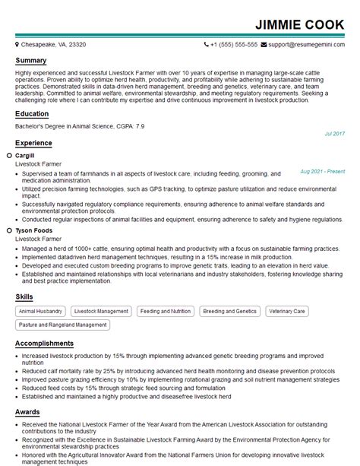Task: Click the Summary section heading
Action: [x=31, y=60]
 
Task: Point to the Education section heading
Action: [x=33, y=114]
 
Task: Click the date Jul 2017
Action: [x=334, y=133]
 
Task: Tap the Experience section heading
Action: [x=34, y=143]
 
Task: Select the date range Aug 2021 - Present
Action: [x=322, y=172]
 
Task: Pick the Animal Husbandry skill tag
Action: [x=40, y=311]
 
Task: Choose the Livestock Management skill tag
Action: [x=100, y=311]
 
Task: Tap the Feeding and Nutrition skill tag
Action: [x=166, y=311]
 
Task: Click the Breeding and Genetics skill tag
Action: [x=229, y=311]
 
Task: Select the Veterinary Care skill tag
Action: [x=287, y=311]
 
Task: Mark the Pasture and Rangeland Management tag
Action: [x=63, y=325]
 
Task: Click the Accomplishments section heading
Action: [x=45, y=344]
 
